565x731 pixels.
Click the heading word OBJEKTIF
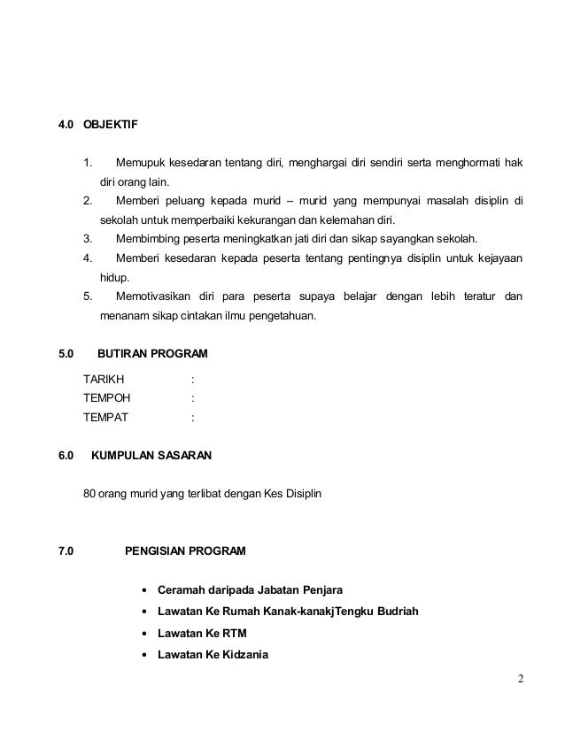tap(111, 124)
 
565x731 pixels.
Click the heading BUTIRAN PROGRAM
tap(152, 354)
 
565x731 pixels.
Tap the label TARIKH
tap(104, 379)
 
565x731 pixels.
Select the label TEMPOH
tap(106, 397)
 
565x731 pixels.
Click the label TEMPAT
tap(105, 416)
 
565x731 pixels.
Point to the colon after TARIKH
tap(193, 379)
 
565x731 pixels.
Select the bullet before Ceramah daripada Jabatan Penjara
tap(143, 590)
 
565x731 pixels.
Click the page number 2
tap(522, 680)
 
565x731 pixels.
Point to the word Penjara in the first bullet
tap(322, 590)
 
